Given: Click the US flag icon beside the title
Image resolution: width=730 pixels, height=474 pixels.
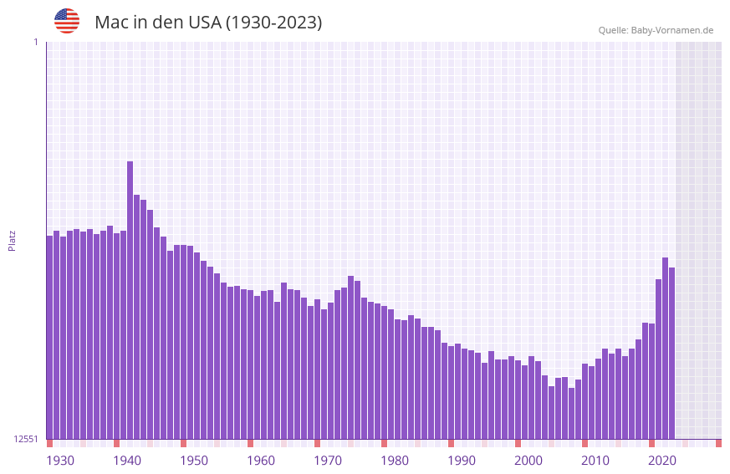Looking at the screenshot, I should point(67,21).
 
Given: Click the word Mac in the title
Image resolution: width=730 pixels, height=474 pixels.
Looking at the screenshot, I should point(112,23).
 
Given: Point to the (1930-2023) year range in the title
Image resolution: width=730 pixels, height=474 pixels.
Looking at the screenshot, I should point(274,23).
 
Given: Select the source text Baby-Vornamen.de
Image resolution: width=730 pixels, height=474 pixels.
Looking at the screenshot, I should point(672,30).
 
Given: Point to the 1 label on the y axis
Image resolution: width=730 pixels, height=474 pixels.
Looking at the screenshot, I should point(35,42).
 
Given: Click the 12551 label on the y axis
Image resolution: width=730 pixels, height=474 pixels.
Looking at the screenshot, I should point(26,439).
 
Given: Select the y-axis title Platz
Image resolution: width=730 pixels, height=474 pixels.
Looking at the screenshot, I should point(12,240).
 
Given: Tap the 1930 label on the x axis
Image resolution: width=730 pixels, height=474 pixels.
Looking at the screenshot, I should point(60,461).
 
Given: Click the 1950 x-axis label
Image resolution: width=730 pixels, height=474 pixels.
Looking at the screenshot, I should point(194,461).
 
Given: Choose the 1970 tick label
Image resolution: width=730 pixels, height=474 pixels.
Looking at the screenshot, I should point(328,461).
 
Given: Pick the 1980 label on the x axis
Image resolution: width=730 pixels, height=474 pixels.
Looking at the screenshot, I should point(395,461).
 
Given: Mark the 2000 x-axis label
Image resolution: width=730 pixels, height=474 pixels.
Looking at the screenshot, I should point(528,461).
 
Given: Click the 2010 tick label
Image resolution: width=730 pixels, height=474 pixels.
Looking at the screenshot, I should point(595,461).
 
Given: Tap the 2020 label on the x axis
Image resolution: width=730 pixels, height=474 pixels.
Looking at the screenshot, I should point(662,461).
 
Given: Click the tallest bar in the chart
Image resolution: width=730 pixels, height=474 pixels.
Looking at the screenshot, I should point(130,301).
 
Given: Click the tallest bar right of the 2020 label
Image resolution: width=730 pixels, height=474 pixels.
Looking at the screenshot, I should point(665,348).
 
